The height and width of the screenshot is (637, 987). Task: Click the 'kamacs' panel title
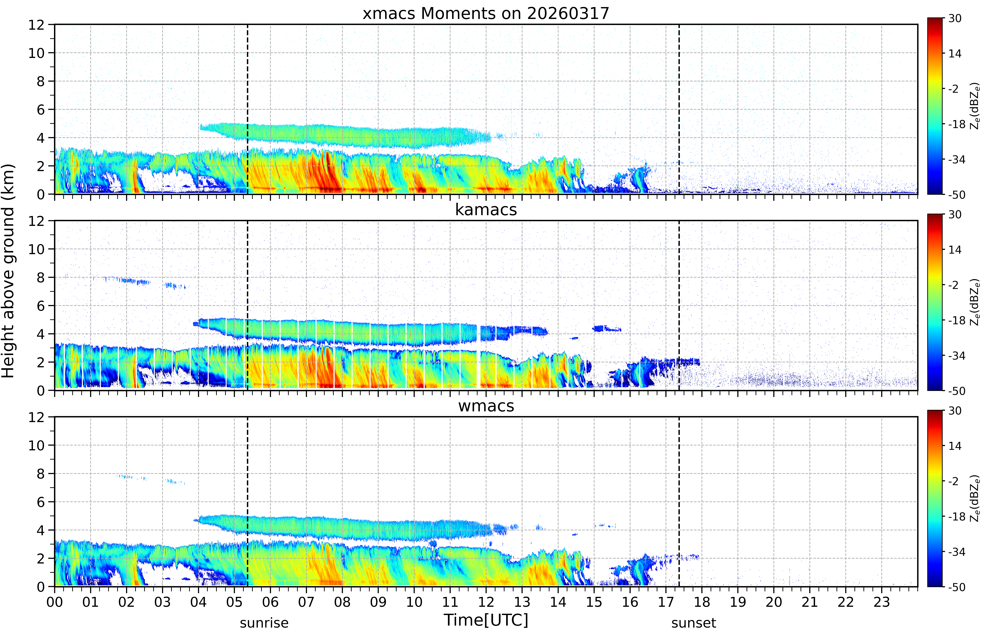tap(486, 210)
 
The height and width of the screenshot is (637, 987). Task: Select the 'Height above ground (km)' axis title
tap(8, 271)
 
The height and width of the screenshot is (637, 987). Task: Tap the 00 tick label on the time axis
tap(55, 602)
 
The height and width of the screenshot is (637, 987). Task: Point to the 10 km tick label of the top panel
tap(36, 53)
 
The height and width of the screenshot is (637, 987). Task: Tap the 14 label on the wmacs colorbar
tap(955, 446)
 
